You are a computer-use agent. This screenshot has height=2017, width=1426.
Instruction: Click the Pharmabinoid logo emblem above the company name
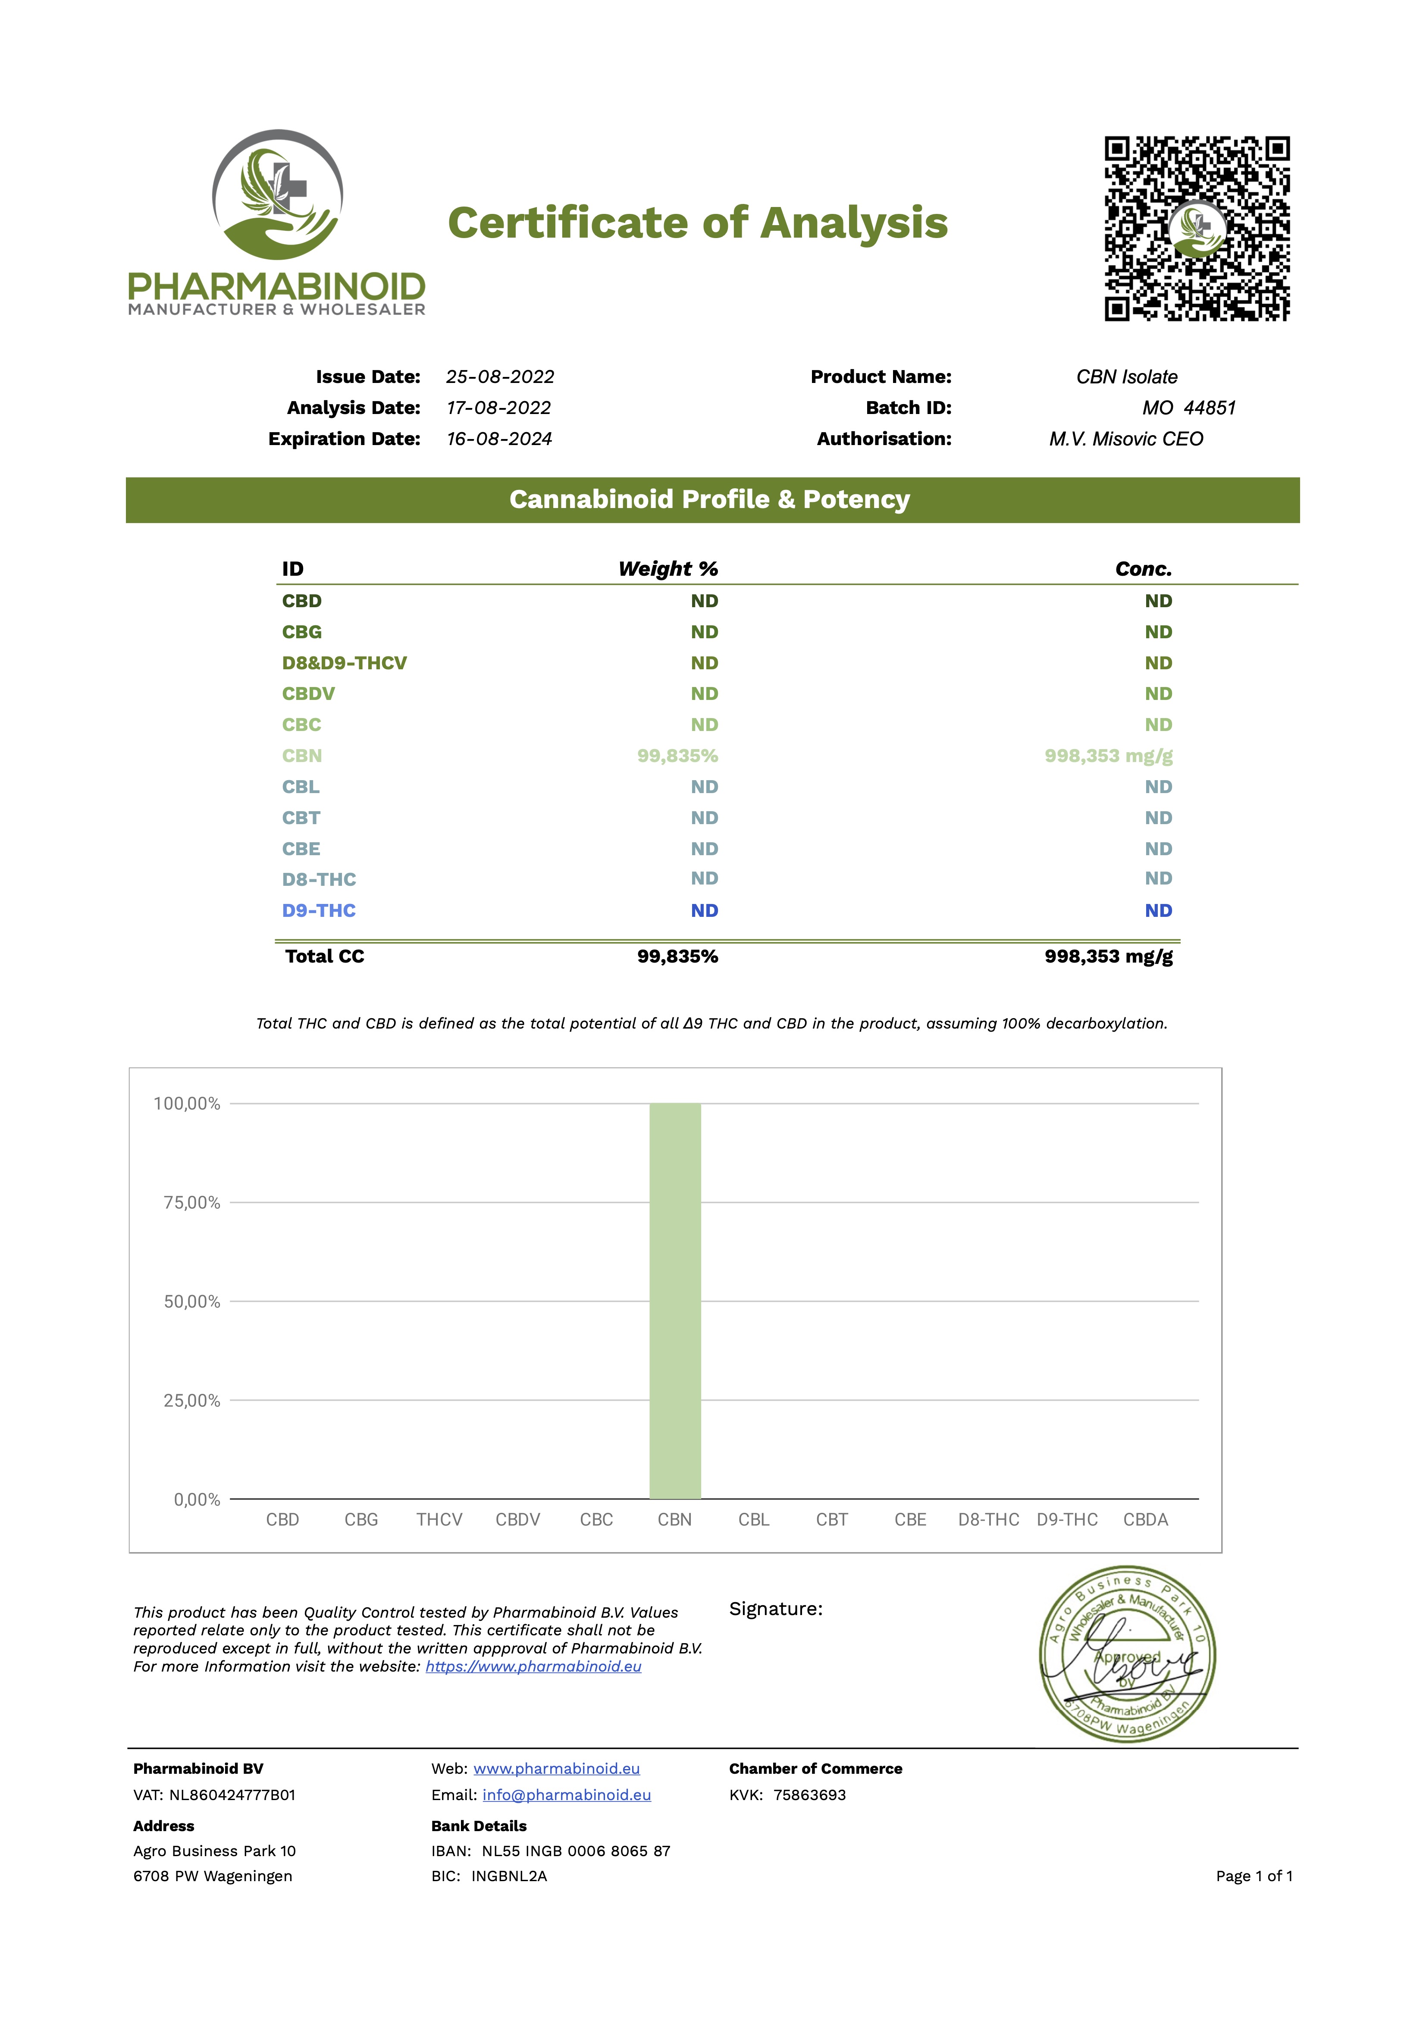(x=277, y=195)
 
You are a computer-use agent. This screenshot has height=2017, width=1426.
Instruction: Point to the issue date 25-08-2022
(x=500, y=377)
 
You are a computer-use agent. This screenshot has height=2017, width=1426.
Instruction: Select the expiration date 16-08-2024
(x=499, y=439)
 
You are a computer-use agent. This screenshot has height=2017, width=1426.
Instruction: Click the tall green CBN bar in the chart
(x=675, y=1300)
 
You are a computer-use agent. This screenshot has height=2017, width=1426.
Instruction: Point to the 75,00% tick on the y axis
(x=191, y=1203)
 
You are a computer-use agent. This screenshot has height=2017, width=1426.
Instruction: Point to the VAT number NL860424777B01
(x=232, y=1795)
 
